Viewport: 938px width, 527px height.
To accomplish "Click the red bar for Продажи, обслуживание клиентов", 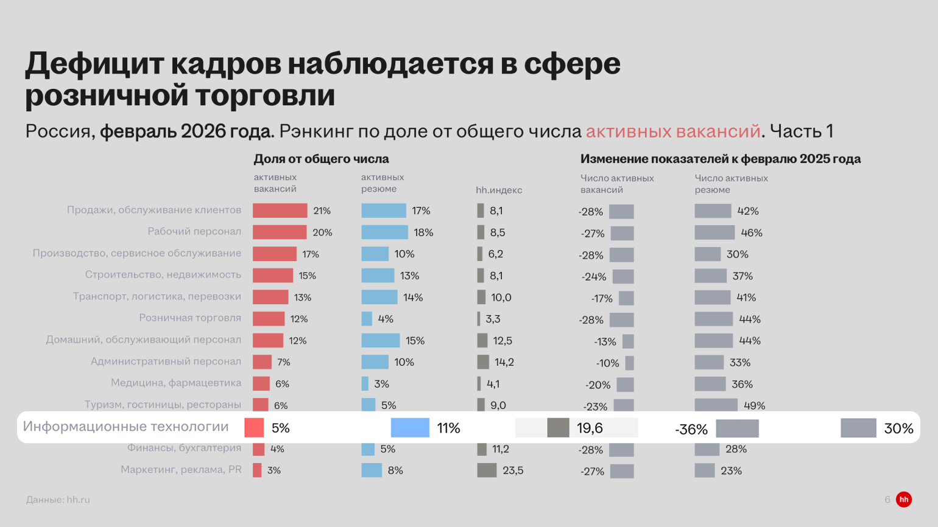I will coord(280,211).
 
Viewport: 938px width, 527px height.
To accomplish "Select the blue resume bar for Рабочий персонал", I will coord(384,232).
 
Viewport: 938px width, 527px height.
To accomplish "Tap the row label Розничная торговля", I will coord(190,318).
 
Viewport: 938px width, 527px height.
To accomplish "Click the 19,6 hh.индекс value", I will coord(590,428).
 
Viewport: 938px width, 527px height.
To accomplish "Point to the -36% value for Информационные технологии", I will coord(691,430).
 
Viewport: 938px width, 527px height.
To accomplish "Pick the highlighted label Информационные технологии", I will coord(126,427).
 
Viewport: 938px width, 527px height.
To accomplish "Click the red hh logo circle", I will coord(904,500).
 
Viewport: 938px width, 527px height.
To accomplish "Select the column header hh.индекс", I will coord(499,190).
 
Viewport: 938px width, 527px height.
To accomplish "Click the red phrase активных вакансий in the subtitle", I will coord(673,131).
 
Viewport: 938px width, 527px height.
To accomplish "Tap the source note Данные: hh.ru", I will coord(58,500).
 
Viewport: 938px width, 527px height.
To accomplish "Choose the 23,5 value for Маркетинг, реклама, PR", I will coord(513,470).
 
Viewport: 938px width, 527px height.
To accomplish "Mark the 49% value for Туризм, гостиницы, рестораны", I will coord(754,406).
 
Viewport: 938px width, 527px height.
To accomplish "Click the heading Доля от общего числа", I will coord(321,159).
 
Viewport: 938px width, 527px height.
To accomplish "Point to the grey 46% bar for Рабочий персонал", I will coord(714,232).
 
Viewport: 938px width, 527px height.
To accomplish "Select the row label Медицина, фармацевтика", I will coord(176,383).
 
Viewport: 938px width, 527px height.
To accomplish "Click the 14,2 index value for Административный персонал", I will coord(504,362).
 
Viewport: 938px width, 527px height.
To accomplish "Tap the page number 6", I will coord(887,500).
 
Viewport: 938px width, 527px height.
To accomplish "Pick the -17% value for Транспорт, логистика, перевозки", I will coord(602,298).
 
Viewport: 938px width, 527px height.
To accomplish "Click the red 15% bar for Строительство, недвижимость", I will coord(272,276).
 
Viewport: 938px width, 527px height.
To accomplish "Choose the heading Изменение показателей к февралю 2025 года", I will coord(721,159).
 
